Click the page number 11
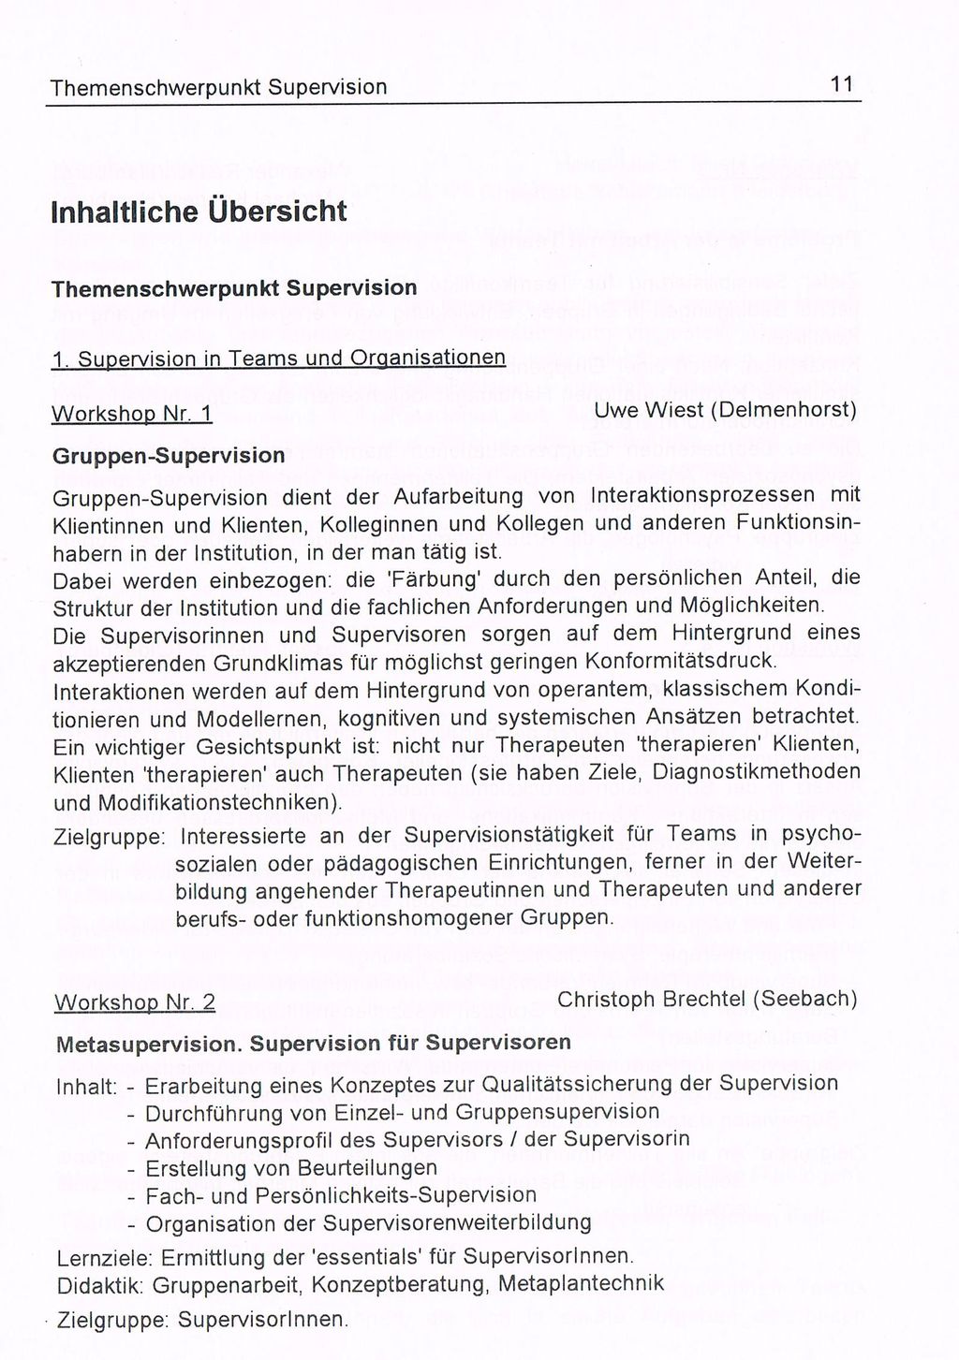(841, 84)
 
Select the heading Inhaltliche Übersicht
(199, 211)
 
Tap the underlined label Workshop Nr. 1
(132, 414)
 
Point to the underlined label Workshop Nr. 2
(135, 1002)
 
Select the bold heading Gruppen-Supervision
(169, 456)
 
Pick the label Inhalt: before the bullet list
(85, 1087)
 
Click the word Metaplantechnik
(581, 1283)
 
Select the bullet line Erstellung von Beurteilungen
(291, 1169)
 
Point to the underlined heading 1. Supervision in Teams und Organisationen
(278, 358)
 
